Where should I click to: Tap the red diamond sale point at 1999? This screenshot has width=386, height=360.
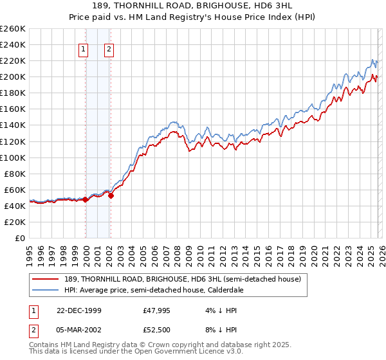(86, 199)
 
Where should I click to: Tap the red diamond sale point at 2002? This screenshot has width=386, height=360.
(111, 195)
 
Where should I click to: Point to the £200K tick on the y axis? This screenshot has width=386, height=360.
(13, 76)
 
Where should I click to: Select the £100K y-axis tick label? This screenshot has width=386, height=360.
(13, 157)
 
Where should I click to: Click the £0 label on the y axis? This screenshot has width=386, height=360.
(21, 238)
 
